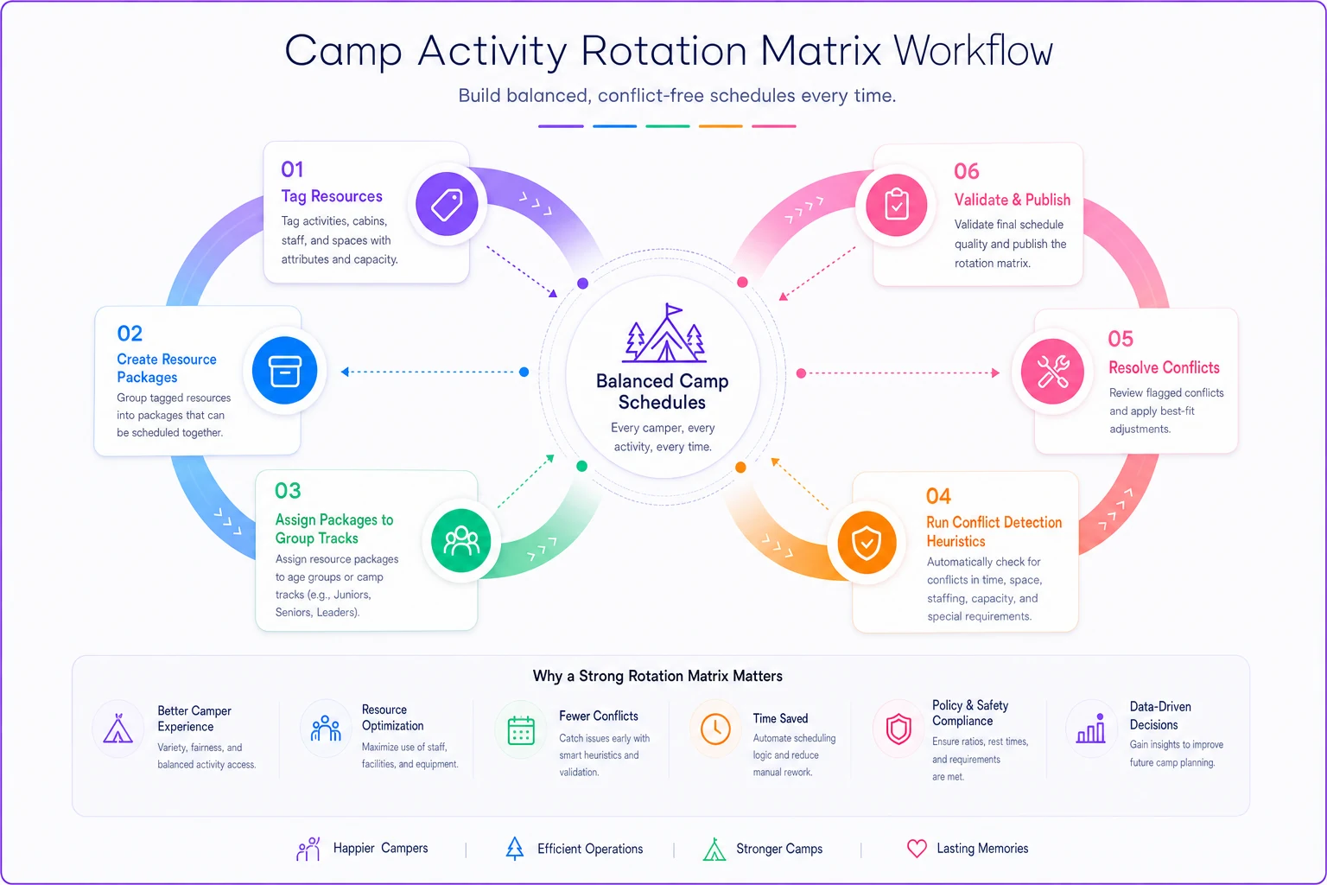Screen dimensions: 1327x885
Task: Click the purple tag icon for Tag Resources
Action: click(447, 205)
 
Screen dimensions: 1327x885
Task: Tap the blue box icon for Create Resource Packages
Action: click(285, 371)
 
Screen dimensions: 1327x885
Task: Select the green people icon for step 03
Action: click(460, 541)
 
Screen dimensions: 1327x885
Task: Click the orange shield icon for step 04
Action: click(867, 543)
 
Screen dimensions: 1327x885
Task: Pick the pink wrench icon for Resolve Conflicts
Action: click(1052, 372)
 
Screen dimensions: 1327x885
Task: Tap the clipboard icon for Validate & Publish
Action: click(896, 205)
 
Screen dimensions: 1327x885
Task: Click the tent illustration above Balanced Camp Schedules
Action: click(664, 333)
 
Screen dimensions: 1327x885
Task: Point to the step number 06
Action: click(966, 171)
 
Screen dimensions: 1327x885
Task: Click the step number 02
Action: click(130, 333)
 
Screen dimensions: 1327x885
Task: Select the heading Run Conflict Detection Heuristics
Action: click(994, 532)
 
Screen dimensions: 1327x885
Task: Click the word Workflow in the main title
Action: click(974, 51)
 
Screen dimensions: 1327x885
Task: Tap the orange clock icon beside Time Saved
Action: click(715, 729)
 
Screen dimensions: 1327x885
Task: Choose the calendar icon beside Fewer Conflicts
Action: click(521, 729)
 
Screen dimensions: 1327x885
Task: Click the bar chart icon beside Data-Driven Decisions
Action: click(1091, 729)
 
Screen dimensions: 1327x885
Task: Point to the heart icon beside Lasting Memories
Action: click(917, 848)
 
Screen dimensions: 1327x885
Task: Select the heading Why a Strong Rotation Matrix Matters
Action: click(657, 676)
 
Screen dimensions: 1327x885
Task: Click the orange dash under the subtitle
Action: click(721, 126)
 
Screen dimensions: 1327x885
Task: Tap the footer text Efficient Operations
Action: click(590, 849)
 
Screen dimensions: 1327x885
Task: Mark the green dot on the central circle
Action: click(581, 466)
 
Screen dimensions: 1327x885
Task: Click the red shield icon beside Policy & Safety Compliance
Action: click(898, 729)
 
